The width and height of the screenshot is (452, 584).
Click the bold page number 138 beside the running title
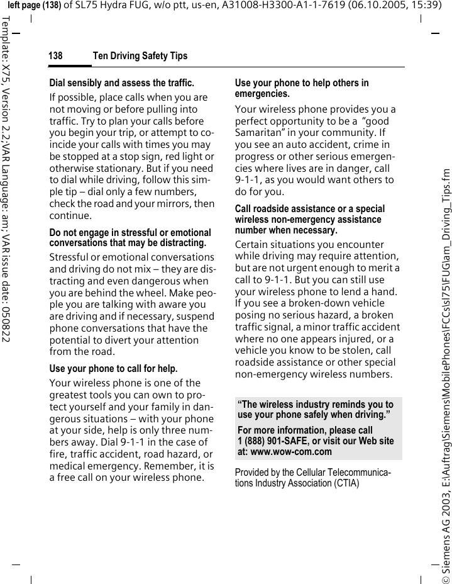[55, 56]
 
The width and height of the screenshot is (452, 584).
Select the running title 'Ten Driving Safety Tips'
[140, 56]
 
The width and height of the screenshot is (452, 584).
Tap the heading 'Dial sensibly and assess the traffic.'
[121, 82]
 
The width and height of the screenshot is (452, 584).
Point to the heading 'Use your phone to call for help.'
[113, 368]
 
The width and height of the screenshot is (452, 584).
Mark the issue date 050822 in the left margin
[6, 316]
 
